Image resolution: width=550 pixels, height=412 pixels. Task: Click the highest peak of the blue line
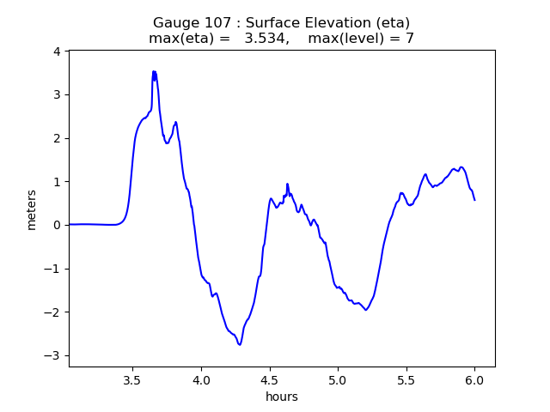click(x=154, y=72)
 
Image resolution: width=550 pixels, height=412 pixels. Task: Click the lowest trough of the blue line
click(x=240, y=344)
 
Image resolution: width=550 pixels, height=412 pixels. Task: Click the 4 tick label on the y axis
click(x=56, y=51)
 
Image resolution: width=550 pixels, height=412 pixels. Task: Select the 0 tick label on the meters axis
click(x=56, y=225)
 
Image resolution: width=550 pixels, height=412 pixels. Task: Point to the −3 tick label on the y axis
click(x=52, y=355)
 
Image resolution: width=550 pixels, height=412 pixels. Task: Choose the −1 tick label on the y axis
click(x=52, y=269)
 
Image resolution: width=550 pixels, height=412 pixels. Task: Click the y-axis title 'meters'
click(x=32, y=209)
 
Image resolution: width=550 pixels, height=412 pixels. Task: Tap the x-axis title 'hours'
click(x=282, y=397)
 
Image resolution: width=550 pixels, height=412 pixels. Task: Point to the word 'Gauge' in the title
click(x=174, y=23)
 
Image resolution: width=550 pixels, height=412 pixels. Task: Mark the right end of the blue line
click(x=474, y=200)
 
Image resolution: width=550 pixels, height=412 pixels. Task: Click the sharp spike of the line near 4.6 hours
click(x=287, y=184)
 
